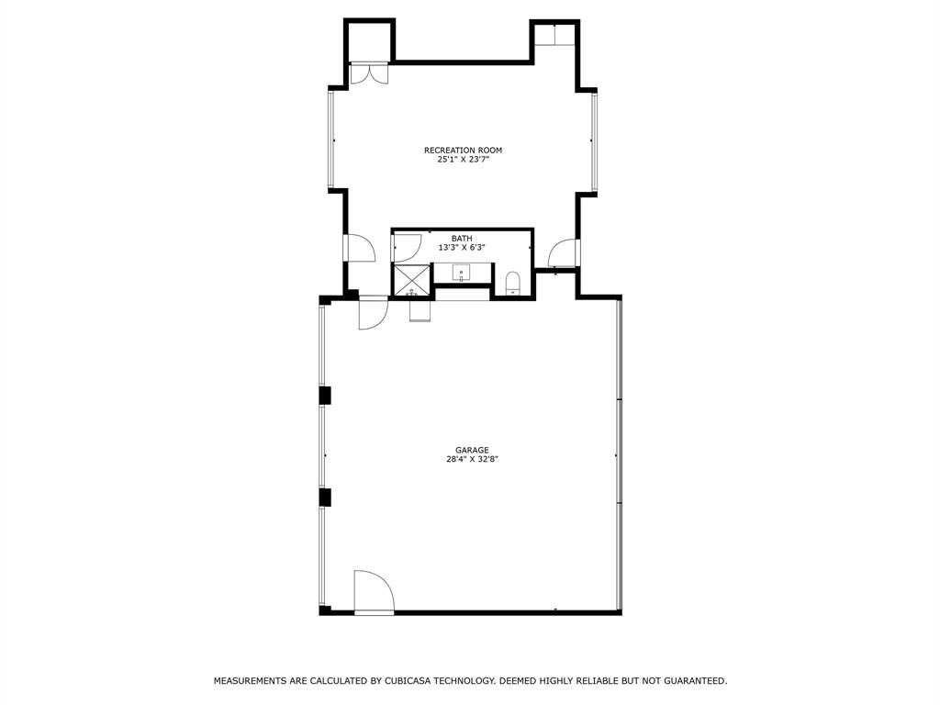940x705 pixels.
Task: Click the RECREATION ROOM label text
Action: tap(463, 150)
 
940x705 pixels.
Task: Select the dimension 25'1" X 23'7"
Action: tap(463, 160)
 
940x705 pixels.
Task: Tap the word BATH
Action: tap(462, 239)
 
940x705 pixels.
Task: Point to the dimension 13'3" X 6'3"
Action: tap(462, 248)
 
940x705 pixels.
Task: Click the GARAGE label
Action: tap(472, 450)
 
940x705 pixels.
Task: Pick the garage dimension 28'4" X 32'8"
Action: tap(472, 460)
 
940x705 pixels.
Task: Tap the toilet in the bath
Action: tap(513, 282)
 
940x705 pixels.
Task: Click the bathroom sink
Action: tap(461, 272)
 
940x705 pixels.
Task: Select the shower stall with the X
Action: tap(411, 280)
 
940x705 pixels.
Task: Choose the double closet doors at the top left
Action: tap(369, 73)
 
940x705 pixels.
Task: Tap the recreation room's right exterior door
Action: tap(564, 252)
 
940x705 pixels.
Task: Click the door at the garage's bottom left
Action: tap(373, 591)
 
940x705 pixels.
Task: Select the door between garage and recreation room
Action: tap(373, 313)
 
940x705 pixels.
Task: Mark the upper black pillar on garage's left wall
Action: tap(324, 396)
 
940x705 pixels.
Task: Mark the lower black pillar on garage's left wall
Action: tap(324, 497)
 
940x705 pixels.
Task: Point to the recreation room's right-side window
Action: tap(595, 141)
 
